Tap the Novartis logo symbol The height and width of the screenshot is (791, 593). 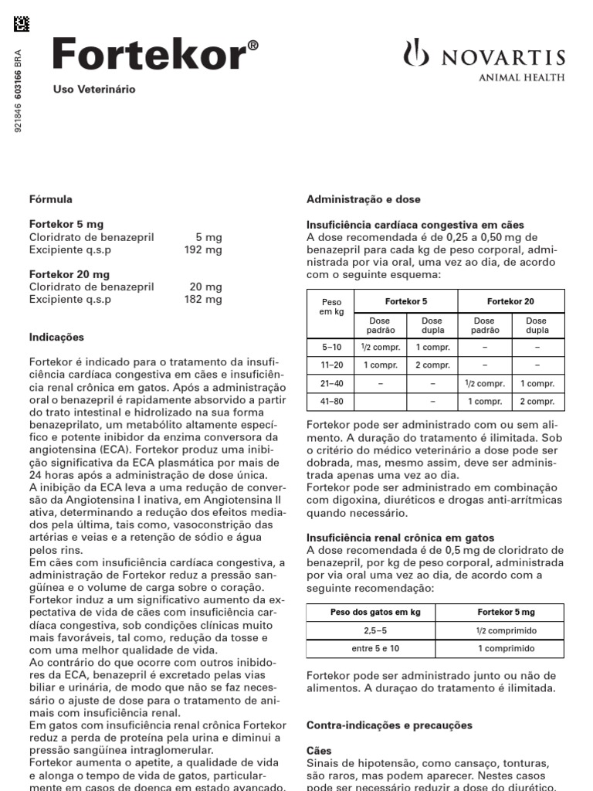point(415,56)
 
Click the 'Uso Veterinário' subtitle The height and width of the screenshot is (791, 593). point(93,90)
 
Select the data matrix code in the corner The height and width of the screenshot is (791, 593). point(22,25)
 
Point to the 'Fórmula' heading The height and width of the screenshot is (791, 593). point(51,199)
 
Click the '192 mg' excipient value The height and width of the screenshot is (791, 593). point(205,250)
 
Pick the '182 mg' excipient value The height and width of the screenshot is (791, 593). point(205,299)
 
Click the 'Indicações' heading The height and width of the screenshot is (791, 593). point(56,338)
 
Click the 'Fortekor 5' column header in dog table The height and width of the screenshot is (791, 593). point(405,301)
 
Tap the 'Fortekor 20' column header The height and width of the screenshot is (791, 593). point(510,301)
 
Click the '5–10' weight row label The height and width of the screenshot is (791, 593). point(331,348)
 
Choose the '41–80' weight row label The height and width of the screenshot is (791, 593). point(331,402)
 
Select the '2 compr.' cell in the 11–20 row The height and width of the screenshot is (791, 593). point(432,365)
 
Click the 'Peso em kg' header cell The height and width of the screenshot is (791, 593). point(330,307)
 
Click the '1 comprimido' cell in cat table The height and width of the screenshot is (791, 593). point(506,648)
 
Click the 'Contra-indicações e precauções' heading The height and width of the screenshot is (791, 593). point(389,725)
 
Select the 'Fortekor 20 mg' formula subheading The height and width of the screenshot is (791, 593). point(69,274)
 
